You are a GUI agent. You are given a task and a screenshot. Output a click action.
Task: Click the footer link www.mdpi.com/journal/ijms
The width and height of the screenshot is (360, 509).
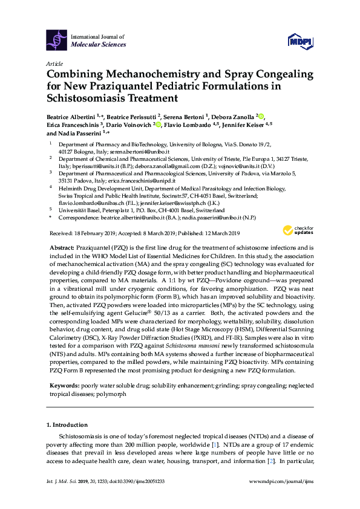point(284,498)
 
